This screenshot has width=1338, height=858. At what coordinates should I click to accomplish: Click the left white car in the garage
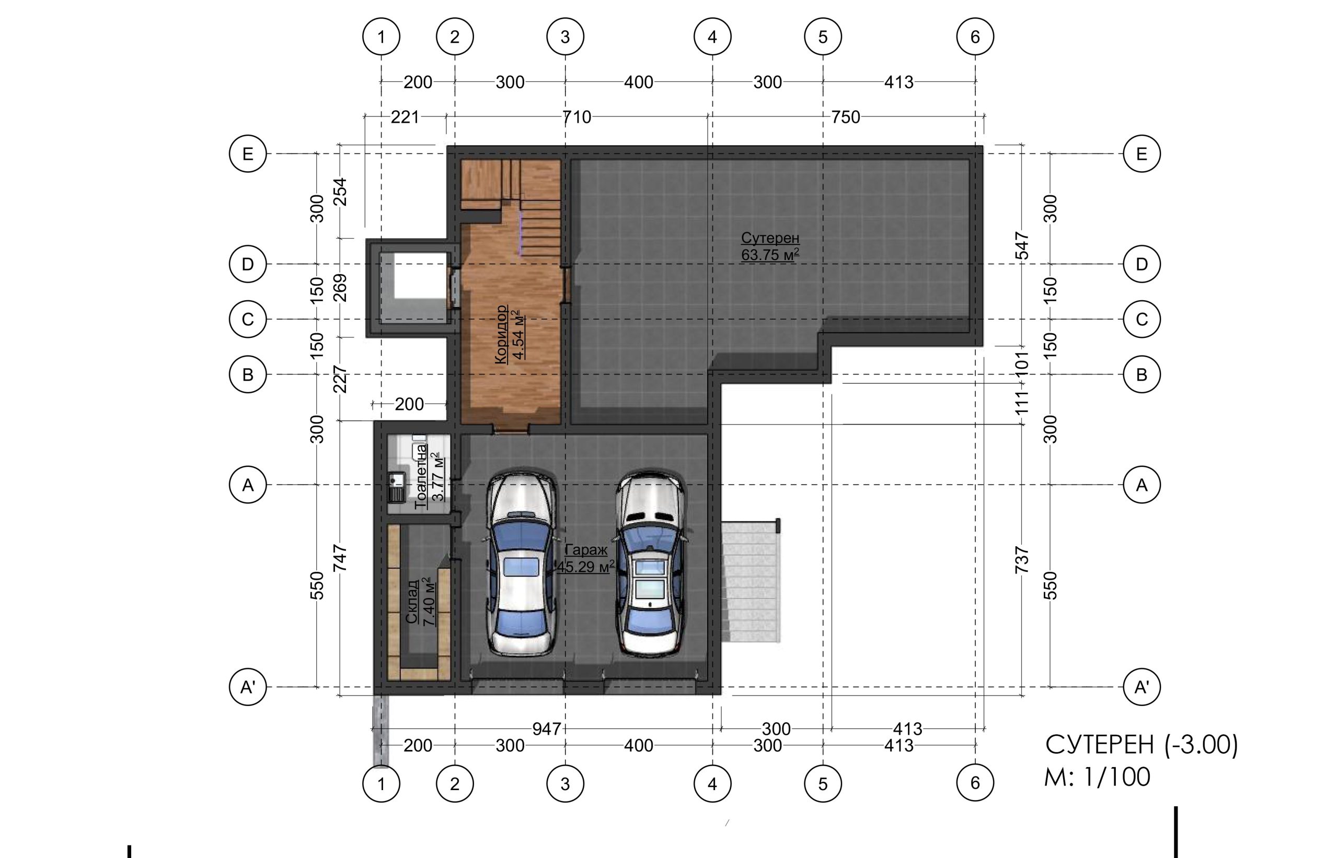(521, 565)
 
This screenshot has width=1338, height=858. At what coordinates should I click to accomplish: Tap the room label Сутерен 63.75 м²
(770, 246)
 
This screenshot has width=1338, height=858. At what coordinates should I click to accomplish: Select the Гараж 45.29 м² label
(586, 558)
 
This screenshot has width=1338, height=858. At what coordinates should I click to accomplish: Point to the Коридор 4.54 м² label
(510, 334)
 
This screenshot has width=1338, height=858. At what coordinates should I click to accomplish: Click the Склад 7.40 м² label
(420, 602)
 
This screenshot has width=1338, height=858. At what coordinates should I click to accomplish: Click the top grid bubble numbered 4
(712, 37)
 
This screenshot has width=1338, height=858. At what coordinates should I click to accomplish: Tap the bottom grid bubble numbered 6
(975, 783)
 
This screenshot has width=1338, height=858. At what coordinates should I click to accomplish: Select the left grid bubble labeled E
(248, 153)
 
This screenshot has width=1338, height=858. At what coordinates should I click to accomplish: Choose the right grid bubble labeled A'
(1142, 687)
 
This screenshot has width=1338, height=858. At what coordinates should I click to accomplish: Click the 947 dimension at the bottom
(546, 728)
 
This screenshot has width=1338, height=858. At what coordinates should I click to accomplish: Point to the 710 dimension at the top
(576, 117)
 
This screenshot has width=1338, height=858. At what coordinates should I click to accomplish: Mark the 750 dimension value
(846, 117)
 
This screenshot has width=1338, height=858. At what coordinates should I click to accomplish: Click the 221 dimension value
(405, 117)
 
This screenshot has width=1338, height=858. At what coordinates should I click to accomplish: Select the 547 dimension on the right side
(1021, 245)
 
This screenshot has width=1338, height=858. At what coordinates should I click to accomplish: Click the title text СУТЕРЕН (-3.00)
(1141, 745)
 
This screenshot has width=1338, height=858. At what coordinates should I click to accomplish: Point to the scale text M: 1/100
(1097, 777)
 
